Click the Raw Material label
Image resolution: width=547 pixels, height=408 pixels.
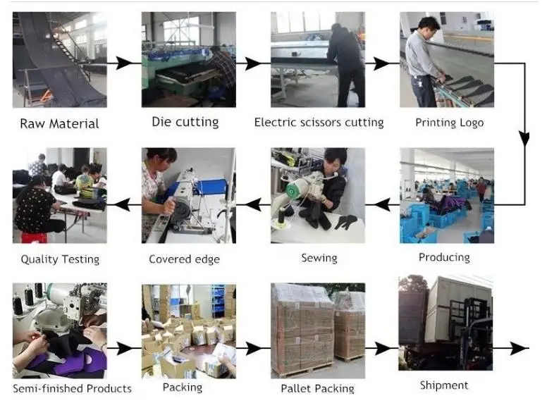pos(59,124)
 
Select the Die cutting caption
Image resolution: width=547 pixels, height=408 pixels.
pos(185,122)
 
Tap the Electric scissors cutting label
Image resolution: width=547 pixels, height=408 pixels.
pos(319,123)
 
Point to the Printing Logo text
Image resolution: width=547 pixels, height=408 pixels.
pos(449,123)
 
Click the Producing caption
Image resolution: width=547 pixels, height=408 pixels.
pos(444,257)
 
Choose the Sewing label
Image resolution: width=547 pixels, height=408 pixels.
pos(319,258)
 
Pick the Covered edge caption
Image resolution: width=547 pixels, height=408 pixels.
pos(184,259)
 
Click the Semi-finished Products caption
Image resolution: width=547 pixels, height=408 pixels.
pos(72,388)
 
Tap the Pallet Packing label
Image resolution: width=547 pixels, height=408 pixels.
pos(318,388)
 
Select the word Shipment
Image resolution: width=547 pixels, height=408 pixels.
pos(444,385)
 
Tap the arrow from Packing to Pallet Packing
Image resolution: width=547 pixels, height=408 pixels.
pos(254,348)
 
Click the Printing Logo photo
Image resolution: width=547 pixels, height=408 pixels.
pos(447,59)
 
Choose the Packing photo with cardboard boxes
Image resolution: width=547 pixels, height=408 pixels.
pos(189,330)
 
